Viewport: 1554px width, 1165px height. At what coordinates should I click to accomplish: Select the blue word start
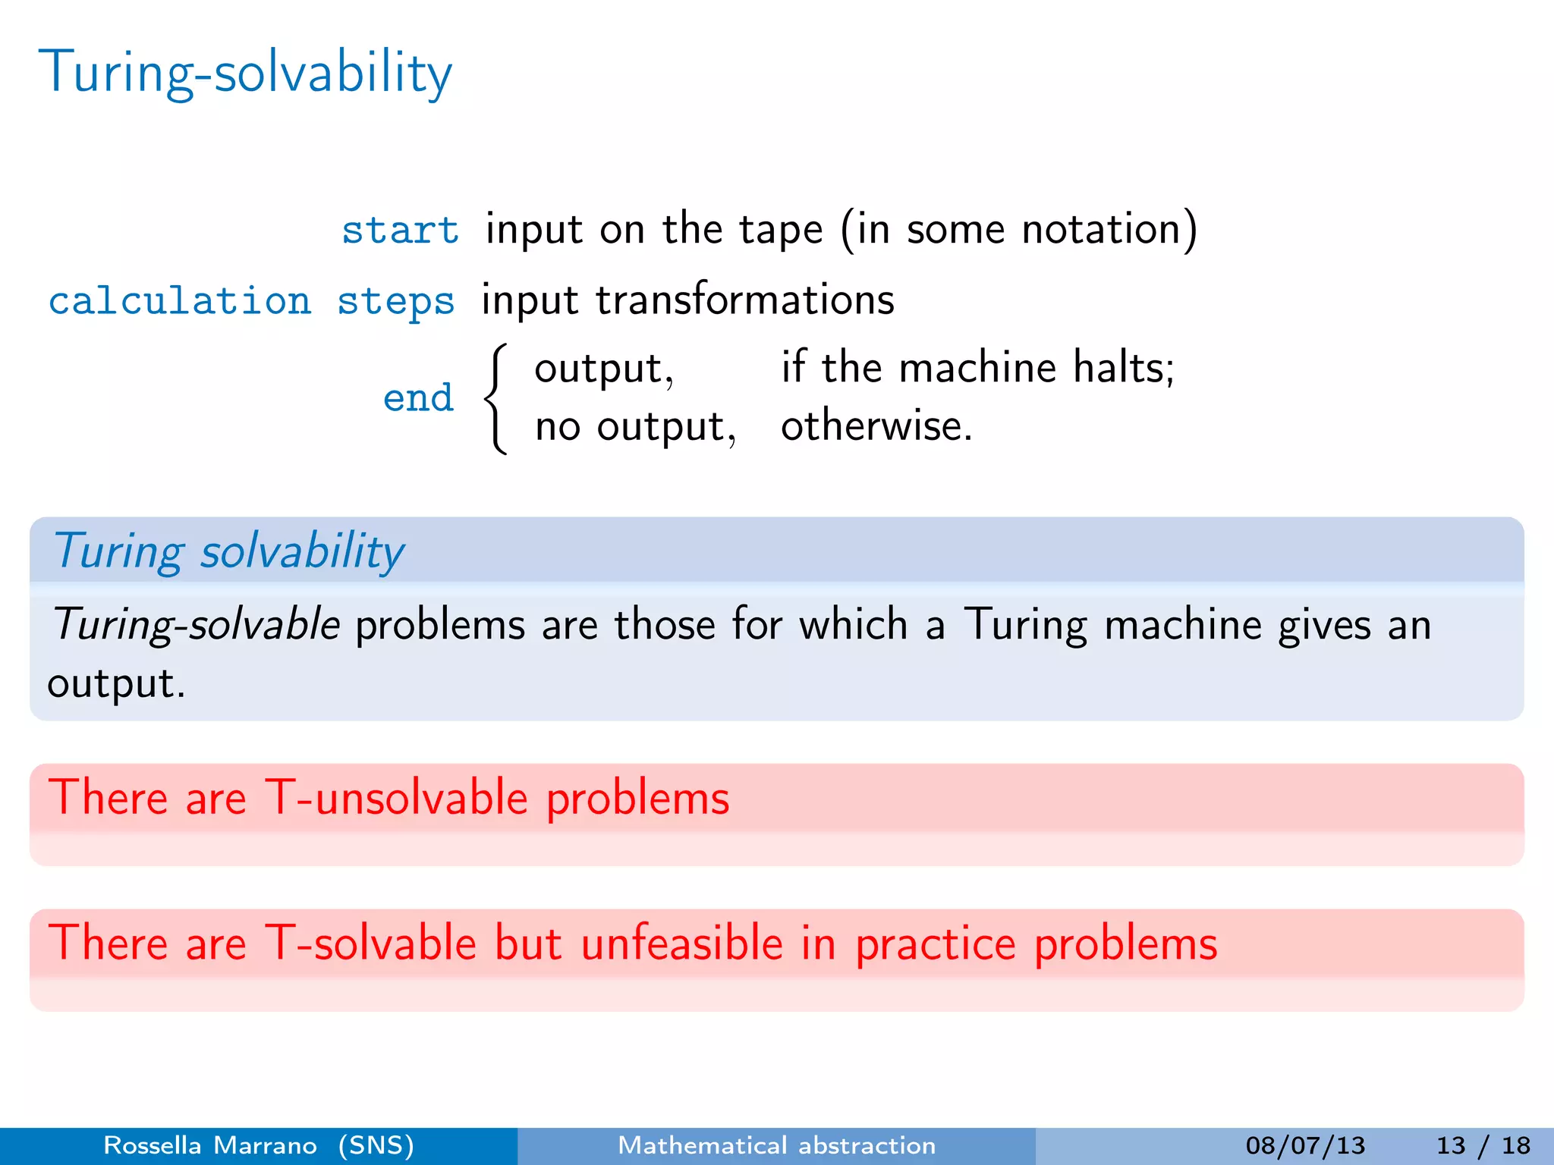400,230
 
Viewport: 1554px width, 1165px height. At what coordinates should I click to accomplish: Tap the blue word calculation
180,301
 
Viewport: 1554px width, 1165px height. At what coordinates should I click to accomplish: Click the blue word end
418,398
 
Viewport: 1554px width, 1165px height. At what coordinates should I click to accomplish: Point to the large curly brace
495,399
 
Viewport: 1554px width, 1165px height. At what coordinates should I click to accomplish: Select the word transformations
744,300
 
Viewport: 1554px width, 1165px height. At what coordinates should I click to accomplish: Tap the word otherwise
876,425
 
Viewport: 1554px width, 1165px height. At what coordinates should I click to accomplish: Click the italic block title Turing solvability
228,551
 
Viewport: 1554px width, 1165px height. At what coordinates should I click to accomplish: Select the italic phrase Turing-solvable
196,625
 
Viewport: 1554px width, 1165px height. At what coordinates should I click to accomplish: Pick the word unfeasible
681,944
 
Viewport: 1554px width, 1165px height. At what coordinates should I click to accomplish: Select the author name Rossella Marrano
209,1145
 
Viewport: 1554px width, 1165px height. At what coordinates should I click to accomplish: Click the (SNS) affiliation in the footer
376,1145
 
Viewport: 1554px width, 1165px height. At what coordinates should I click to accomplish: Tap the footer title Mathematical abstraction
776,1145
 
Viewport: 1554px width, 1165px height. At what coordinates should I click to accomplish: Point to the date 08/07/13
1305,1145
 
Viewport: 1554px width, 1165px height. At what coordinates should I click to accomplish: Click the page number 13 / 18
1483,1145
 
